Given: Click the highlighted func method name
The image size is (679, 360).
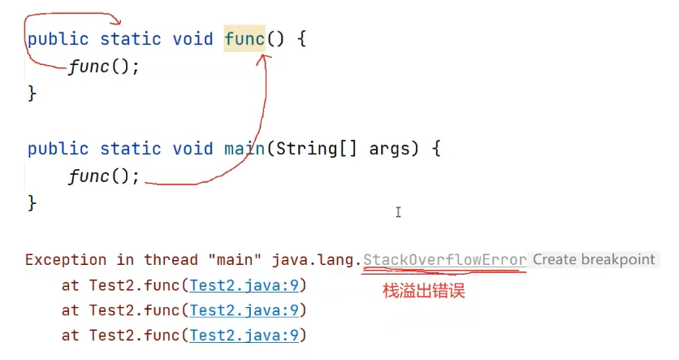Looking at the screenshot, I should tap(244, 39).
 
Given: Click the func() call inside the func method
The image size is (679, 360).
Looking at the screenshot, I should tap(104, 67).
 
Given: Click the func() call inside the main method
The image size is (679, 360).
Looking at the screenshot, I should tap(104, 176).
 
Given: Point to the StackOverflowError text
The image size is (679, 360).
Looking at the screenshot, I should tap(445, 260).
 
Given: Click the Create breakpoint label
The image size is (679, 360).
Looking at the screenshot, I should tap(594, 260).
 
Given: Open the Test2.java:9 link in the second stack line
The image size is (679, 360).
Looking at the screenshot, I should tap(244, 310).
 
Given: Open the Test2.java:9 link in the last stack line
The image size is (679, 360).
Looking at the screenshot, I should tap(244, 335).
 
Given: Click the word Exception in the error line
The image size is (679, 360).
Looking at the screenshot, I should tap(66, 260).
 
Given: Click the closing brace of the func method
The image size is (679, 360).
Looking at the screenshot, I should tap(32, 93).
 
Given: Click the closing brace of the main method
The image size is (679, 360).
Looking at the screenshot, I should tap(32, 202).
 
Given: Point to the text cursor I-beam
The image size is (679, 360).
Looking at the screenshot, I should tap(398, 213).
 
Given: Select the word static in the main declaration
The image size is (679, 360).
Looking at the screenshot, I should tap(129, 149).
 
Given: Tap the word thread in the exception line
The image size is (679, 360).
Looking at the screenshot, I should tap(171, 260).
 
